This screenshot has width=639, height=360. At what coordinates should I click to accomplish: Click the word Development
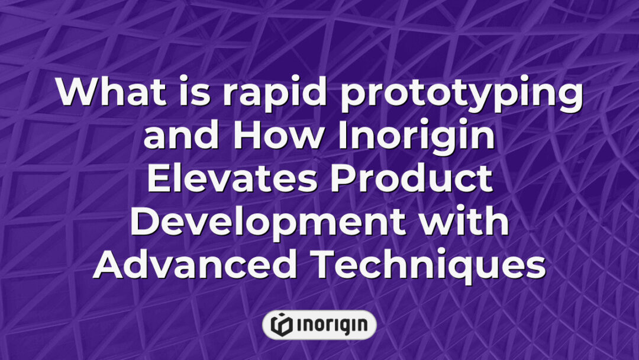click(x=267, y=224)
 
